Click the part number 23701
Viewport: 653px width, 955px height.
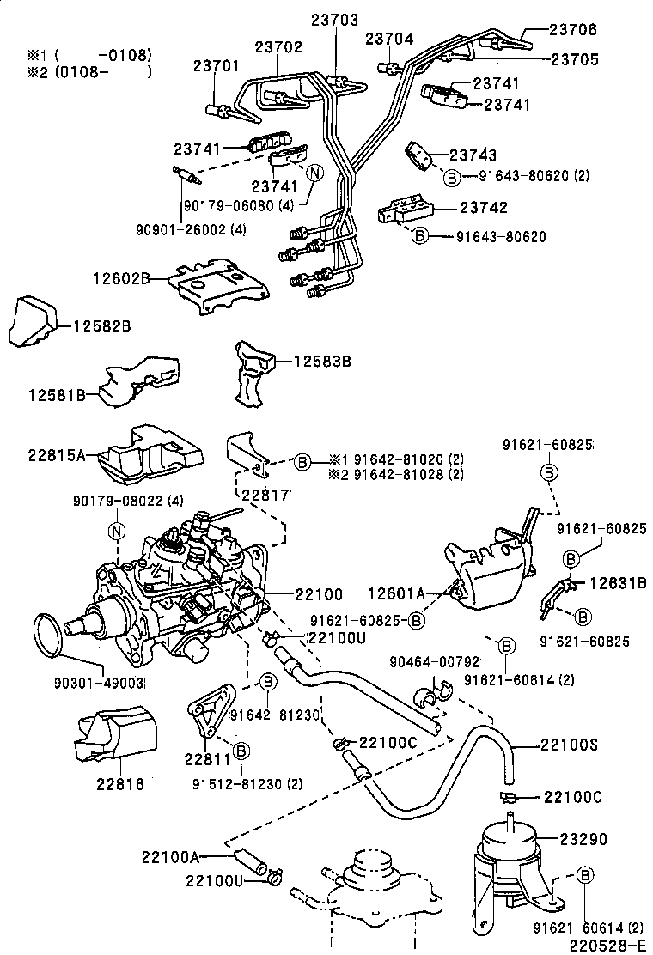(x=216, y=65)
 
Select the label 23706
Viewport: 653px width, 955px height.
(x=573, y=30)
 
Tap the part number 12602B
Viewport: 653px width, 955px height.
(x=122, y=278)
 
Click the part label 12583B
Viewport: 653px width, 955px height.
(x=322, y=362)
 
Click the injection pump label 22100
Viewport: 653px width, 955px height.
(x=319, y=593)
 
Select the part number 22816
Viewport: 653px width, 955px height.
(x=119, y=783)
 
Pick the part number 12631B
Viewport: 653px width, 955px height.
(x=617, y=584)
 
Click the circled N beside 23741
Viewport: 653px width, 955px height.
(x=314, y=173)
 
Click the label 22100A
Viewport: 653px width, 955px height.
(x=171, y=856)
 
